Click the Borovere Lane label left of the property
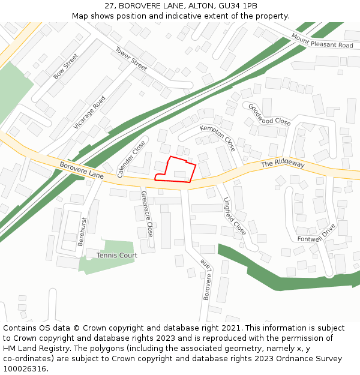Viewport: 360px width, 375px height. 81,170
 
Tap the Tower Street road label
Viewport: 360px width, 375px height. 131,59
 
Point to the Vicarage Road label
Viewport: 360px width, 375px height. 89,112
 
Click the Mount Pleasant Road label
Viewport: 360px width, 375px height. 322,41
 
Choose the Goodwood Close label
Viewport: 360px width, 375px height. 269,114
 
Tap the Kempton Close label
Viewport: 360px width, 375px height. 218,138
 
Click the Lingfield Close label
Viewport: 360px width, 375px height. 235,216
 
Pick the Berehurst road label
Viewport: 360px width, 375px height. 82,232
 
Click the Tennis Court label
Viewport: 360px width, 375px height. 116,255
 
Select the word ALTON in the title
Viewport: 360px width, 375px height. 189,5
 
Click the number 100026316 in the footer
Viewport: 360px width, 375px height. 25,368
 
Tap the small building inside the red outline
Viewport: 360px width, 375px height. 179,174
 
